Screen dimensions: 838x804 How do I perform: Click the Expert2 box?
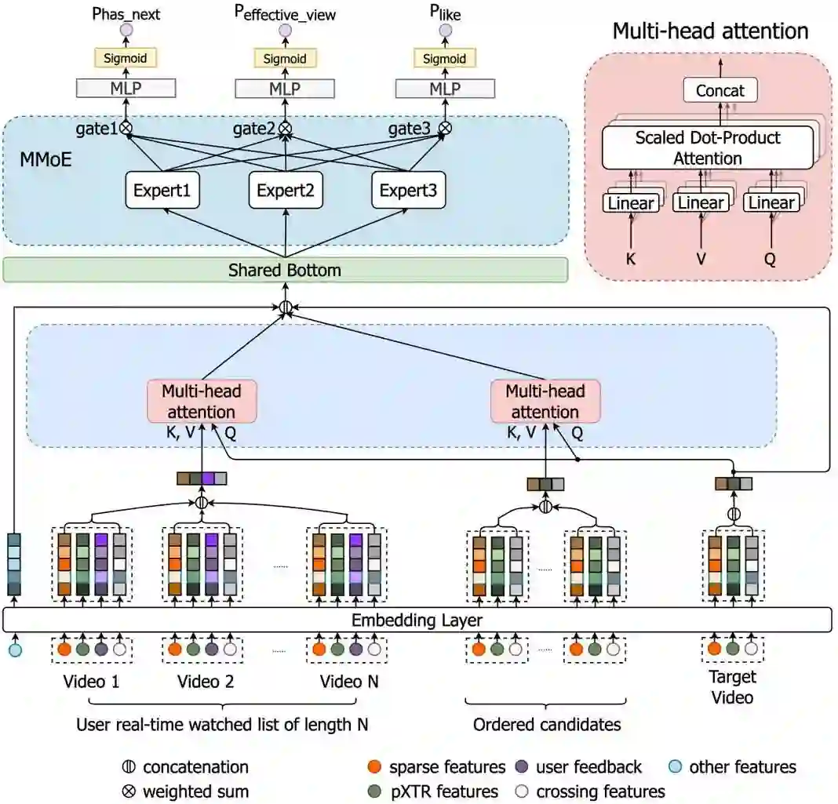click(286, 190)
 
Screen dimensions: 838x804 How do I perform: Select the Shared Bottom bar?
click(286, 270)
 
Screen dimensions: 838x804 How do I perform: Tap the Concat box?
click(720, 90)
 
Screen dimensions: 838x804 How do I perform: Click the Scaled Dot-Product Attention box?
click(708, 147)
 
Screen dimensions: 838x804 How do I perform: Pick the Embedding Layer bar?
click(417, 620)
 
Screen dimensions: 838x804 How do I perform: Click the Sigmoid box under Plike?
click(445, 58)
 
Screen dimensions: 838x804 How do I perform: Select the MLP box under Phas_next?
click(126, 88)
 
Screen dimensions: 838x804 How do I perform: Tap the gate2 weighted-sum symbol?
click(286, 128)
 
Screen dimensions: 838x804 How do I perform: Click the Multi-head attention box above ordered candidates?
click(545, 401)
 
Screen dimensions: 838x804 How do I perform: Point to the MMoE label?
click(46, 159)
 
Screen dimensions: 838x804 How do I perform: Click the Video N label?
click(349, 681)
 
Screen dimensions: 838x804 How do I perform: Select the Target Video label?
click(732, 687)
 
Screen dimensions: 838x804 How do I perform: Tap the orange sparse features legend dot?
click(374, 766)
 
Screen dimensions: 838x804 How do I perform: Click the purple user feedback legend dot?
click(522, 766)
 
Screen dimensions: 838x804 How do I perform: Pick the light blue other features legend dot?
click(676, 766)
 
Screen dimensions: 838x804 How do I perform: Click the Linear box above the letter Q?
click(771, 203)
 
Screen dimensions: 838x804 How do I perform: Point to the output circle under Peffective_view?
click(286, 30)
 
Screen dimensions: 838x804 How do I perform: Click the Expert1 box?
click(162, 190)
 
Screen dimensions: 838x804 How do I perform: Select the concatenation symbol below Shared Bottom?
click(286, 307)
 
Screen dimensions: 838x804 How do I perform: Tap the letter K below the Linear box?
click(631, 259)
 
